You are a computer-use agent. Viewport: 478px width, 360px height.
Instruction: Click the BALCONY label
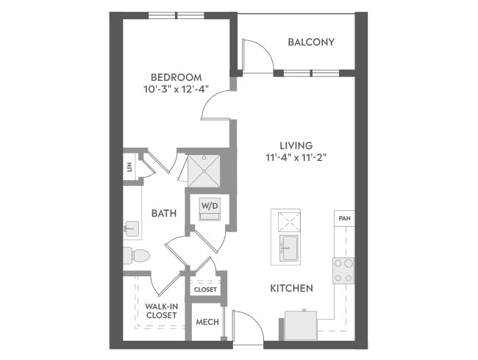(311, 42)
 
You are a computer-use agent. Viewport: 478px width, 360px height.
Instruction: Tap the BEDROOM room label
(176, 77)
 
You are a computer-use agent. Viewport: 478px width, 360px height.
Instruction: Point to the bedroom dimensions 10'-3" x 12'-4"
(176, 90)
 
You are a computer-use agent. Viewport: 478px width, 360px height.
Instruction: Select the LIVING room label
(296, 145)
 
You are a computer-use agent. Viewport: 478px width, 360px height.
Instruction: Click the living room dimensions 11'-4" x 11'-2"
(296, 157)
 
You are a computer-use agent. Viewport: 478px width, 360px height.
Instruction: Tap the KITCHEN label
(291, 288)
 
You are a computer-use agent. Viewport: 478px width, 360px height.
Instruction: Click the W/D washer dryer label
(210, 206)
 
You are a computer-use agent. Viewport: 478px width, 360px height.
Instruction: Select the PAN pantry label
(343, 218)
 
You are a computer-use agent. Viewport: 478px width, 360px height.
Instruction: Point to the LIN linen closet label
(128, 168)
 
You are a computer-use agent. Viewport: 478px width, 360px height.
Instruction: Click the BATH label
(163, 213)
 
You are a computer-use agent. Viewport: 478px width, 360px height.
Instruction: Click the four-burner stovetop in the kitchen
(343, 270)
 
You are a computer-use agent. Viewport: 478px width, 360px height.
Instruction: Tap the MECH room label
(207, 323)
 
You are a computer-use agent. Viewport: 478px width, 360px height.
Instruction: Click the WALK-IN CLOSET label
(160, 310)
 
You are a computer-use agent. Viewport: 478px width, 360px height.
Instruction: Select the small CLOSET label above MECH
(205, 289)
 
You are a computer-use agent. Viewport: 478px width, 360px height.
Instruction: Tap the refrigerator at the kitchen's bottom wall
(301, 325)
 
